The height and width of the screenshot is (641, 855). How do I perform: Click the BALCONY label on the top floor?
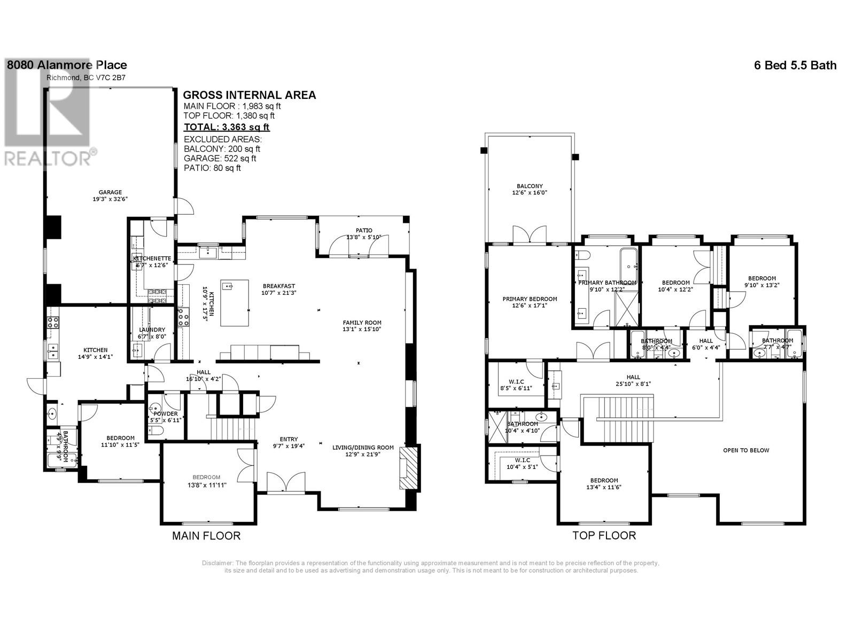pyautogui.click(x=529, y=186)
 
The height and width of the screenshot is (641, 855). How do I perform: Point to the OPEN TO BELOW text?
pyautogui.click(x=746, y=450)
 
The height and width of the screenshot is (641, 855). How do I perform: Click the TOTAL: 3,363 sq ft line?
pyautogui.click(x=227, y=127)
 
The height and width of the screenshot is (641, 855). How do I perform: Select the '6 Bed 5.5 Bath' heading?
pyautogui.click(x=795, y=65)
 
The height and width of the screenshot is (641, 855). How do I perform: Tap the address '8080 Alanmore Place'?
pyautogui.click(x=67, y=65)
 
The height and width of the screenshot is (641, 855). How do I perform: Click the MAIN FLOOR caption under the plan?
pyautogui.click(x=206, y=536)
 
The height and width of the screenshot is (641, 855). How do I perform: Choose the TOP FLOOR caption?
pyautogui.click(x=604, y=536)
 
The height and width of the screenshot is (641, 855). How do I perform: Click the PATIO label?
pyautogui.click(x=364, y=230)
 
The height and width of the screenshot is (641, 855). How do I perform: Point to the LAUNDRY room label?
pyautogui.click(x=152, y=330)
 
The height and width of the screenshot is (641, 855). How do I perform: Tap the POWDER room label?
pyautogui.click(x=166, y=413)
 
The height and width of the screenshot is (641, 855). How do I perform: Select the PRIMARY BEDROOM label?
pyautogui.click(x=530, y=299)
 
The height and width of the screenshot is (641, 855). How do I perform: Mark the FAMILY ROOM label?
pyautogui.click(x=362, y=322)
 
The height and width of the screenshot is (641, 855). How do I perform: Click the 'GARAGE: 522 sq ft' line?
pyautogui.click(x=220, y=158)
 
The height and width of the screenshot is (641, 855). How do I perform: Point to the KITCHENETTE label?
pyautogui.click(x=152, y=258)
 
